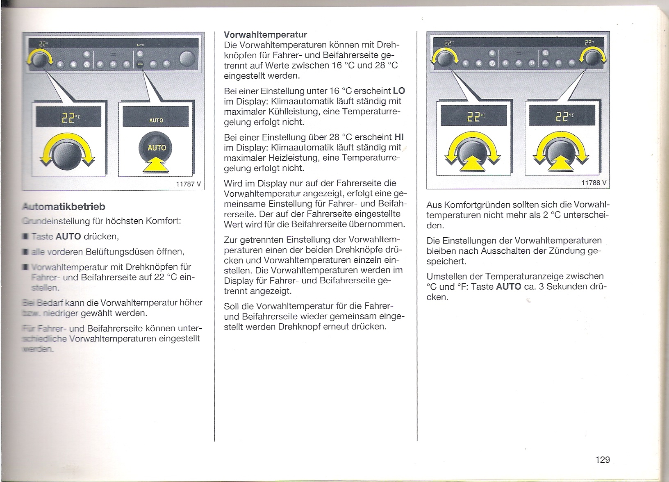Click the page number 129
click(602, 460)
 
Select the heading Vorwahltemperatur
click(266, 34)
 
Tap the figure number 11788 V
click(594, 183)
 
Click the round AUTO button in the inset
click(156, 148)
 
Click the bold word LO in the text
click(398, 91)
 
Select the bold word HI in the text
click(399, 137)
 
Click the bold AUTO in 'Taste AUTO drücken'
click(68, 237)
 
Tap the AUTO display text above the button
click(156, 120)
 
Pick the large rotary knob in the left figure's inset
click(66, 154)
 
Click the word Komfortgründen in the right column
click(471, 205)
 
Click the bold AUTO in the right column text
click(508, 286)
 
